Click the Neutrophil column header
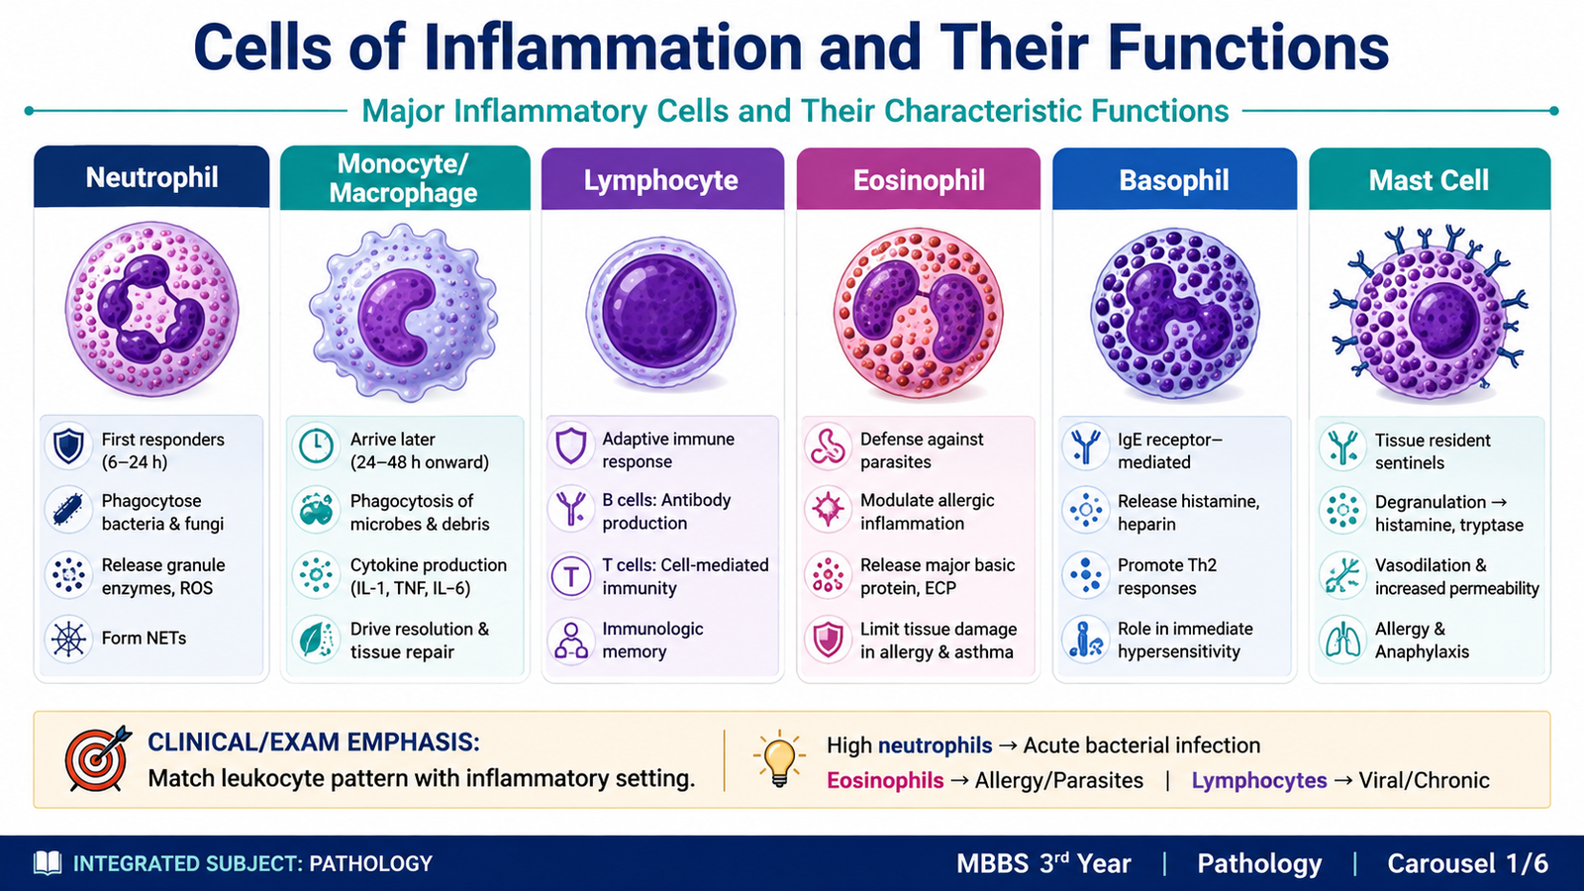click(151, 177)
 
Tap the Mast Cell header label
click(1429, 180)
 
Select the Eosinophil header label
click(919, 180)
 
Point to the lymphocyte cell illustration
click(661, 312)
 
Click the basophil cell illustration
click(1174, 312)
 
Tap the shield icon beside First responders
click(68, 446)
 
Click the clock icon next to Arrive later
click(316, 446)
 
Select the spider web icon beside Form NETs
click(68, 639)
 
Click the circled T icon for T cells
click(570, 575)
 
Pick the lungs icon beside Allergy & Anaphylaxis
click(1342, 640)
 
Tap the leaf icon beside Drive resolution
click(316, 640)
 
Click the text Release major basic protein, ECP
click(937, 576)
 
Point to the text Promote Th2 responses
click(1167, 576)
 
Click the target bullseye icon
click(98, 758)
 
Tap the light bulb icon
click(778, 758)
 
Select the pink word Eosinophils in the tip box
click(885, 780)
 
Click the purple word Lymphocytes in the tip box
click(1258, 780)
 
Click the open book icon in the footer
click(48, 863)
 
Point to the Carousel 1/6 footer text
click(1467, 863)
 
